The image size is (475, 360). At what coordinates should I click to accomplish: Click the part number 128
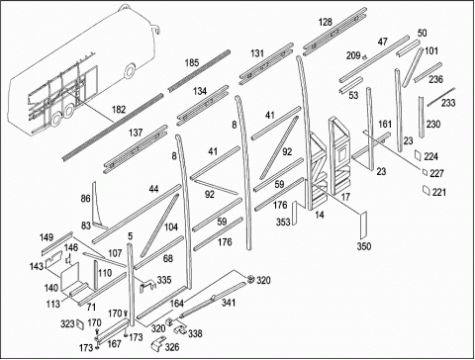coord(325,23)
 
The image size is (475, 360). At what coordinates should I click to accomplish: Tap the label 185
coord(192,62)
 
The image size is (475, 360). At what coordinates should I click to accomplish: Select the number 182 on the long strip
coord(119,109)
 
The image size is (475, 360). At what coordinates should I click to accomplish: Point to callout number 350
coord(364,246)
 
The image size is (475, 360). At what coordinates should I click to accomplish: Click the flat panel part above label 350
coord(363,225)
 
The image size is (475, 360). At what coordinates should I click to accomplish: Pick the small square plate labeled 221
coord(427,190)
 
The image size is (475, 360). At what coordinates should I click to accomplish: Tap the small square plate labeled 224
coord(419,155)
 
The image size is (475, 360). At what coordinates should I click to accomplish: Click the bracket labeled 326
coord(157,343)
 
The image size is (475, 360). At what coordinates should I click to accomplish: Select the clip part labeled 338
coord(180,328)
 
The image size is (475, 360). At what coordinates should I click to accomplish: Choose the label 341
coord(228,303)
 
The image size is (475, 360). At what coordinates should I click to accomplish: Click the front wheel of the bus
coord(130,72)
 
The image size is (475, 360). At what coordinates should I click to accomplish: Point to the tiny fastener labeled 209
coord(364,57)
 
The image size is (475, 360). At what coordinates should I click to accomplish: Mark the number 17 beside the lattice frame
coord(345,197)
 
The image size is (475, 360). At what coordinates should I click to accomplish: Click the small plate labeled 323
coord(80,324)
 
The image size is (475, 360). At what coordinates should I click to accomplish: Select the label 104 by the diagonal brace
coord(171,226)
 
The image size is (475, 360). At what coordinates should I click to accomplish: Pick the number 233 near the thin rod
coord(448,103)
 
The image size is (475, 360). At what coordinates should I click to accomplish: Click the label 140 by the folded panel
coord(51,288)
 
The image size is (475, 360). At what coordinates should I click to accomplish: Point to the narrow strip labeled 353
coord(295,213)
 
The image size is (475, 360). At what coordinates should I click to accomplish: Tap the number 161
coord(385,125)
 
